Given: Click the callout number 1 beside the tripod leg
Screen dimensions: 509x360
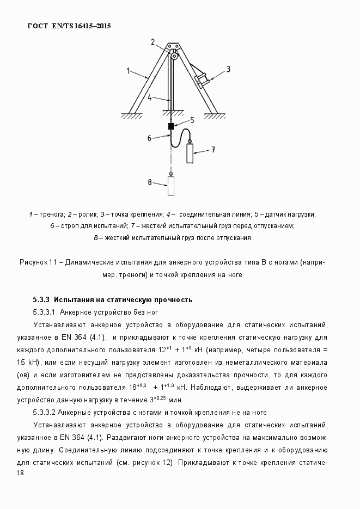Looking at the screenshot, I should [x=128, y=70].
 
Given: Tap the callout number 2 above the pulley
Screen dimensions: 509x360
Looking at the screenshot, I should [x=154, y=41].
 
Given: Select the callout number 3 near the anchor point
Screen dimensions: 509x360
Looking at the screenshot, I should [x=229, y=69].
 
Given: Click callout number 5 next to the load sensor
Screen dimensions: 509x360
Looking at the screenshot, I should [x=192, y=120].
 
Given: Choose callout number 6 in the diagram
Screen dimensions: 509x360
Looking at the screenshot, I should [x=149, y=138].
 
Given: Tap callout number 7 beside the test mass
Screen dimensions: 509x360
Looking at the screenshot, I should [x=213, y=149].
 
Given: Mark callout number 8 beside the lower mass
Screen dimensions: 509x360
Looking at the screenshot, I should [x=149, y=181].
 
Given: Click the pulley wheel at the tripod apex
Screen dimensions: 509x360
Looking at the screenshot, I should [x=174, y=55].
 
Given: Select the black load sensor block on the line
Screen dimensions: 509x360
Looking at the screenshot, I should [x=171, y=127].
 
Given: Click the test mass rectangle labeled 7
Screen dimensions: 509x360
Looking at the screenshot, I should [x=190, y=154].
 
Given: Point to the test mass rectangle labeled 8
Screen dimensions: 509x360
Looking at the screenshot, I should [x=171, y=187].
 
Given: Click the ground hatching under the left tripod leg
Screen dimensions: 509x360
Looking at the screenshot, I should [x=131, y=116].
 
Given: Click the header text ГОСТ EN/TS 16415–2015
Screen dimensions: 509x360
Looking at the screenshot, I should [x=69, y=26].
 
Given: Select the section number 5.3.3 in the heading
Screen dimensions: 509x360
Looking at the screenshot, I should [x=41, y=300].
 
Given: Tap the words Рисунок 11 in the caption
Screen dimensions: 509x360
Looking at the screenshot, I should [x=38, y=262].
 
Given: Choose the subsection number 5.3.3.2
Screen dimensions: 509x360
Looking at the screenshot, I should [x=44, y=412].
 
